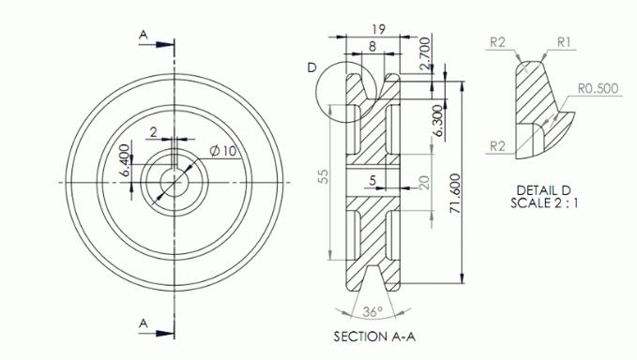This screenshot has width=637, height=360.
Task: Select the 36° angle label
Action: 373,312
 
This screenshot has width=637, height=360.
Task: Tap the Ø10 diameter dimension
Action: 221,150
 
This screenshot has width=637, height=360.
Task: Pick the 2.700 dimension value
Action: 428,53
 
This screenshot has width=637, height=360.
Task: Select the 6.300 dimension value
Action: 437,122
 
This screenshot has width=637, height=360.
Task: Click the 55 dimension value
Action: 323,178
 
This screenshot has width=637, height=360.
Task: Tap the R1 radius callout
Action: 565,41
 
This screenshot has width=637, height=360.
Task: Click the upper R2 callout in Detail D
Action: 498,41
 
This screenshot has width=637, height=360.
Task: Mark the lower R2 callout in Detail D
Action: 498,144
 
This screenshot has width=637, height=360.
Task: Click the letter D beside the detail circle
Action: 311,67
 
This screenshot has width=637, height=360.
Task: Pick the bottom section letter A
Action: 143,322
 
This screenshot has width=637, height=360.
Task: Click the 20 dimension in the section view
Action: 423,182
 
